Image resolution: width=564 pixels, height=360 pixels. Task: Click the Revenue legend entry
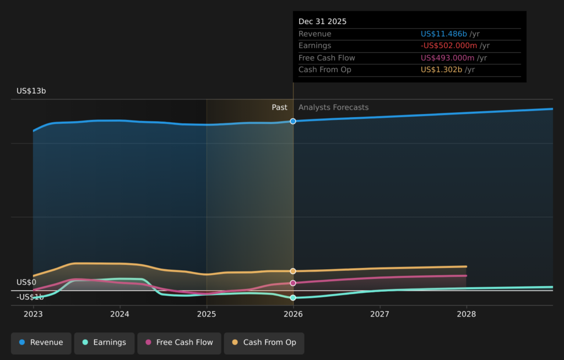click(41, 342)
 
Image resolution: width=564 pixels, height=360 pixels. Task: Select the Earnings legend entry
click(104, 342)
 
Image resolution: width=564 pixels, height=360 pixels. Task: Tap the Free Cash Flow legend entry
click(179, 342)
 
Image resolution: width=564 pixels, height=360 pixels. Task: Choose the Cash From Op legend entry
click(264, 342)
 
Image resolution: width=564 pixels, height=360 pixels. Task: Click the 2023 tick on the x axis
click(33, 314)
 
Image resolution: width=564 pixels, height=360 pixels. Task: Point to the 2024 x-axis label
click(120, 314)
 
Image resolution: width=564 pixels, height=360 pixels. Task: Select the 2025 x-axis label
click(207, 314)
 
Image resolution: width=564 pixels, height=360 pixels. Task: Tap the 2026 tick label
click(293, 314)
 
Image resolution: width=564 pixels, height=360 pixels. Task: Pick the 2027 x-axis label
click(379, 314)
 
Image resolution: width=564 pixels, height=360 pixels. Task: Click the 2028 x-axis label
click(467, 314)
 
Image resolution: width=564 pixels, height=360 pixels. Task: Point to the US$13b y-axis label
click(31, 91)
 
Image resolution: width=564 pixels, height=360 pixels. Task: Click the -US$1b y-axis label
click(30, 297)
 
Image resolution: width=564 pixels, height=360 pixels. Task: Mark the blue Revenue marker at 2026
click(293, 121)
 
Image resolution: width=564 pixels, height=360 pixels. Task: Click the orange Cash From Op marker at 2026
click(293, 271)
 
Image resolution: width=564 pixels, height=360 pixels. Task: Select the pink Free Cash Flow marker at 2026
click(293, 283)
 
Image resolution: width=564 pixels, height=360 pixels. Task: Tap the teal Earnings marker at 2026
click(293, 298)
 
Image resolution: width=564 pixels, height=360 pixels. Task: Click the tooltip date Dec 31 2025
click(323, 21)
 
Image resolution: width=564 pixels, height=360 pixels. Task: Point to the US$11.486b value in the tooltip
click(444, 34)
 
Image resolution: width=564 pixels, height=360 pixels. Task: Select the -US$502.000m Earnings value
click(449, 46)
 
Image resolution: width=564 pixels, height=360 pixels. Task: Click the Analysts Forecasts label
click(334, 107)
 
